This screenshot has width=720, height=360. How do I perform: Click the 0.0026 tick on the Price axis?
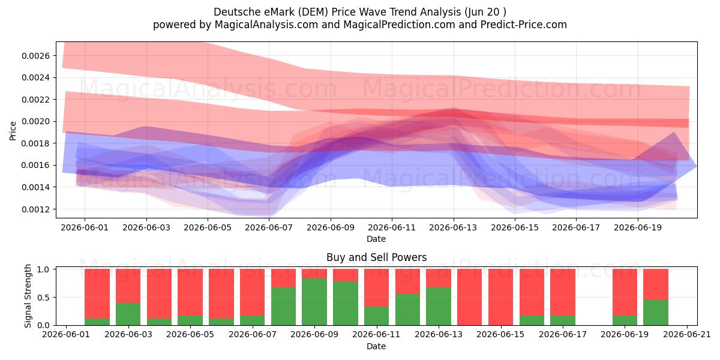point(35,56)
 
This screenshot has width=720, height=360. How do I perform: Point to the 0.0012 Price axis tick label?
point(35,209)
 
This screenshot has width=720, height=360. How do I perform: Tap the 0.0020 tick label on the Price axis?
point(35,121)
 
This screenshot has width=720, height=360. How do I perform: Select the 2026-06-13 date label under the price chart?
point(453,227)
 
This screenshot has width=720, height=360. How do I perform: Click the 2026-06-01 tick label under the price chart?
point(85,227)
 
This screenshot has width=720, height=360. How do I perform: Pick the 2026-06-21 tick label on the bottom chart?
point(687,334)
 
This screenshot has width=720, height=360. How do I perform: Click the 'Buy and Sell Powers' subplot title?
point(376,257)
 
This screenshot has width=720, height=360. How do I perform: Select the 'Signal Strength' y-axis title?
point(28,296)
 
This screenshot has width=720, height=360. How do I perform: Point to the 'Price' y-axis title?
point(13,131)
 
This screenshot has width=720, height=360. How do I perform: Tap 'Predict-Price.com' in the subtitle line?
point(524,25)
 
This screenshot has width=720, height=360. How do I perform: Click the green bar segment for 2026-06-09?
point(314,302)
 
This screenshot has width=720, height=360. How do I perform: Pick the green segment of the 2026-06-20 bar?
point(656,313)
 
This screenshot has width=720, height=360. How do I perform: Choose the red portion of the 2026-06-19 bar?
point(625,293)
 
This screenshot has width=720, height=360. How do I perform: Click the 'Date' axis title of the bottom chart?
point(376,346)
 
